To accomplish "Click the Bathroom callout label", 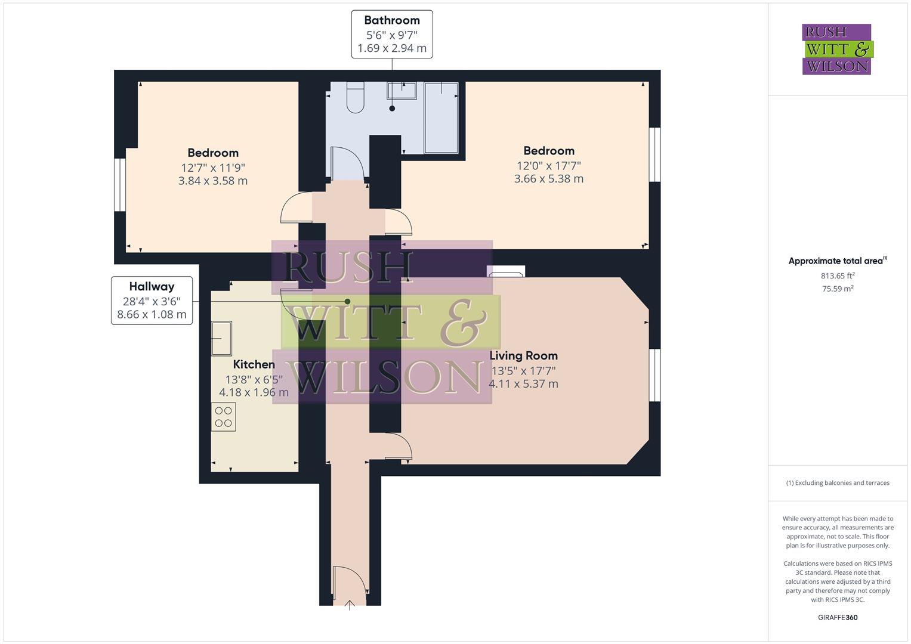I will [x=391, y=34].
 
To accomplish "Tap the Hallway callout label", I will [x=152, y=301].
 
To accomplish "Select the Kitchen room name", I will [x=254, y=364].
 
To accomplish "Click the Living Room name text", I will [x=523, y=356].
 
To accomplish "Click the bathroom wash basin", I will [x=402, y=91].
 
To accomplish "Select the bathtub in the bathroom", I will [x=441, y=117].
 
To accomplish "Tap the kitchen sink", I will [x=221, y=338].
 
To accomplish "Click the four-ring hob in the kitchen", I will [x=223, y=417].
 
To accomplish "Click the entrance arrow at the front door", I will [x=350, y=605].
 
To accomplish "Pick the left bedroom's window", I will [x=120, y=184].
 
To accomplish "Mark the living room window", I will [x=655, y=375].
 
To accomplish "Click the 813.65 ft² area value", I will [x=838, y=275].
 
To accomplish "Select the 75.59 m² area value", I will [x=838, y=289].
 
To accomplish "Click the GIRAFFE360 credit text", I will [x=838, y=617].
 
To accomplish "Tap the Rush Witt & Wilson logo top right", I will [x=836, y=49].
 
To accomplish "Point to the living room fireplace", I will [x=506, y=272].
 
